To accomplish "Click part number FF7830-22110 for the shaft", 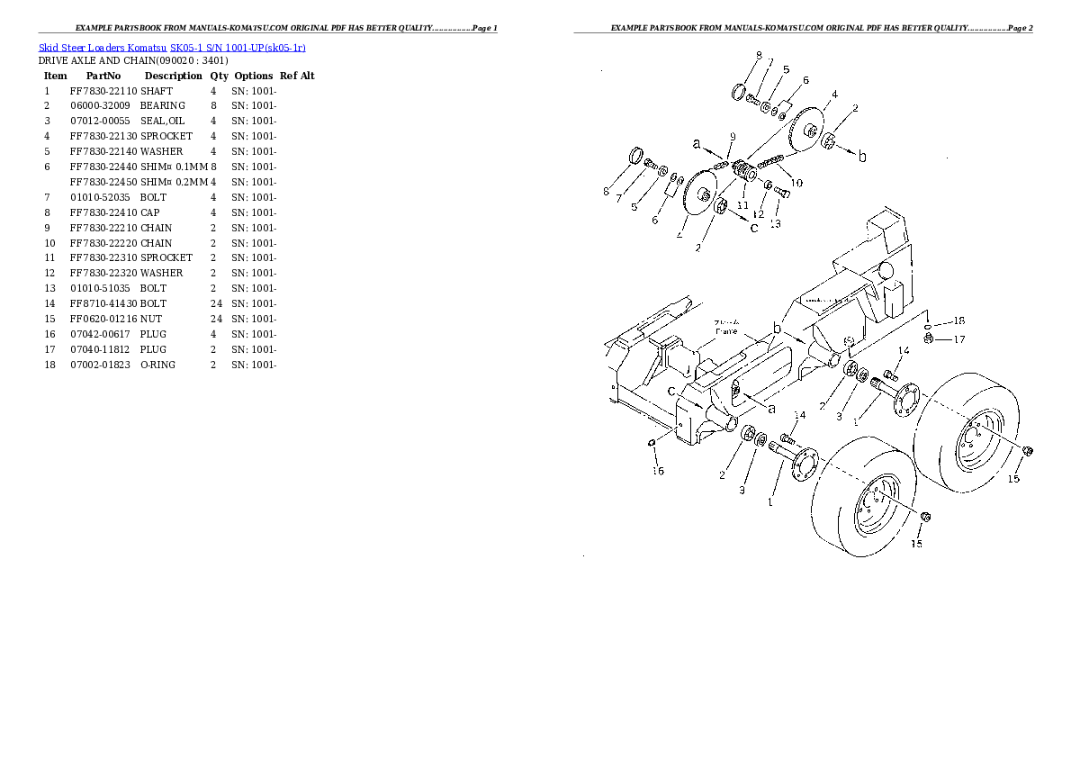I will click(103, 91).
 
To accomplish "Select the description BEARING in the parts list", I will click(162, 106).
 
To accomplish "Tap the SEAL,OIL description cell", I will click(162, 122).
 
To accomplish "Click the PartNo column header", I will click(103, 77).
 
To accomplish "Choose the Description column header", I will click(173, 77).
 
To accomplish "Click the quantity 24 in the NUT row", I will click(215, 320).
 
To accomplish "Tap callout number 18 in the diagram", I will click(958, 321).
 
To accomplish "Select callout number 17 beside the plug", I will click(959, 339).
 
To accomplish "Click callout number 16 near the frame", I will click(658, 471).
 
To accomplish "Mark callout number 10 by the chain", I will click(796, 184).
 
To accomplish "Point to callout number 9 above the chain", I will click(733, 137).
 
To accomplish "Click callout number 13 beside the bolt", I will click(775, 224).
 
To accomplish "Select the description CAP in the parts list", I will click(149, 212).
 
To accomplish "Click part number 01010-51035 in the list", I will click(99, 289).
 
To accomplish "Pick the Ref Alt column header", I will click(297, 77).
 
